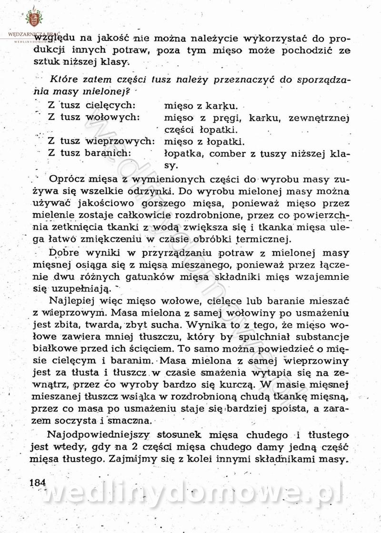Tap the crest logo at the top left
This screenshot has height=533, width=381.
[x=33, y=18]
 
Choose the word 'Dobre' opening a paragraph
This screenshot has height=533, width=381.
[x=63, y=253]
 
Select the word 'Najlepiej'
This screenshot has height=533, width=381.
[x=71, y=301]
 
